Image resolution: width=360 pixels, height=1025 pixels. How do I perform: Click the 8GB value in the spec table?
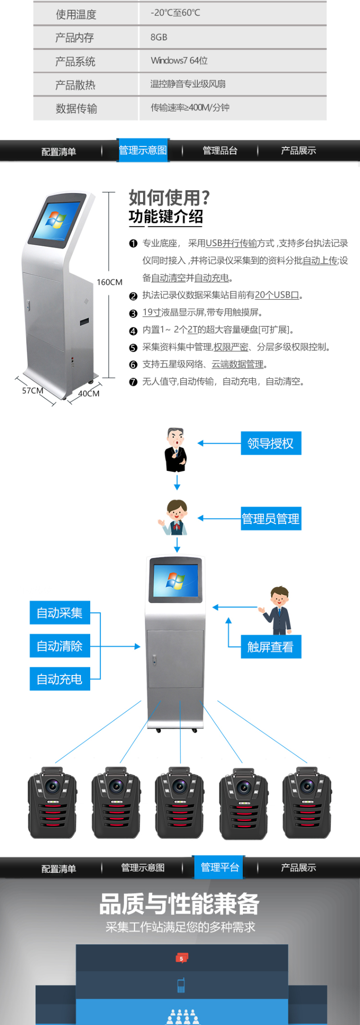coord(159,37)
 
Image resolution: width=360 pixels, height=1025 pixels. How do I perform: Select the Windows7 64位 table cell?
coord(179,60)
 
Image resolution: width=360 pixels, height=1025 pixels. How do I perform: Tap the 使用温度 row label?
coord(76,14)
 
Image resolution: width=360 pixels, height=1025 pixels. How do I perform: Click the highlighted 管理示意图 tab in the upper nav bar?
coord(143,150)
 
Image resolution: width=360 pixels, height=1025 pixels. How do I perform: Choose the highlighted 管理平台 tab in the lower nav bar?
coord(220,867)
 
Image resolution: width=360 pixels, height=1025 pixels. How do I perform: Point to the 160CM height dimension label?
coord(109,282)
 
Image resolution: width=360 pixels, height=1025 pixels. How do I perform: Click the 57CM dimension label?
coord(33,391)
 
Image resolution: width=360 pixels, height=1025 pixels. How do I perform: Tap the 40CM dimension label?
coord(89,394)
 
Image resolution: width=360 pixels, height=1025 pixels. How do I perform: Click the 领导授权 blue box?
coord(271,443)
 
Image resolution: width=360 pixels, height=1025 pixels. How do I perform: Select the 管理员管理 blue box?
coord(271,519)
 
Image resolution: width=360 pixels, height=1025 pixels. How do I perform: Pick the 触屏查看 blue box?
coord(271,647)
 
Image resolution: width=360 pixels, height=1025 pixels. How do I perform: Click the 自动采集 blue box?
coord(60,613)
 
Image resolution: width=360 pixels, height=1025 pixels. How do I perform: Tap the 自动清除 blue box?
coord(60,646)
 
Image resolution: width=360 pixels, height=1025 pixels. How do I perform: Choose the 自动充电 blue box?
coord(60,679)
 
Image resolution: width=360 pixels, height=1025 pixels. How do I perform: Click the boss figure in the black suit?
coord(176,450)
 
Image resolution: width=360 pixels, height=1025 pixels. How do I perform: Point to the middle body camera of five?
coord(180,803)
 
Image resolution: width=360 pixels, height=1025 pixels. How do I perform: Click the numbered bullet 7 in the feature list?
coord(133,382)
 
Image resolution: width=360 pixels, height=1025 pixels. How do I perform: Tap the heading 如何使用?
coord(169,197)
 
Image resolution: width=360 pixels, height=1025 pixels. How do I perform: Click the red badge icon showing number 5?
coord(181,958)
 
